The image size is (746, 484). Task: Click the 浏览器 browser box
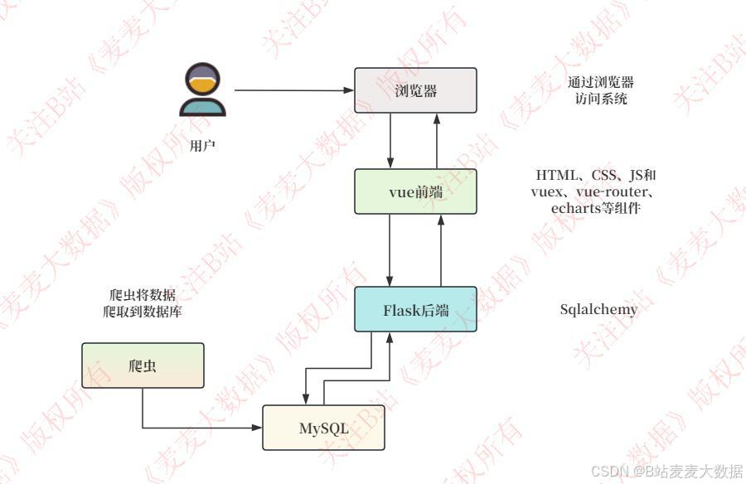(x=415, y=90)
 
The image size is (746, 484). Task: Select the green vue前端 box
(x=415, y=191)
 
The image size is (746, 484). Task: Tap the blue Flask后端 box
(x=415, y=309)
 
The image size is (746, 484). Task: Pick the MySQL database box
(x=323, y=428)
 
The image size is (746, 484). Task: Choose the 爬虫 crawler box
(x=143, y=365)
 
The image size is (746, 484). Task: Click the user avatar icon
(x=202, y=91)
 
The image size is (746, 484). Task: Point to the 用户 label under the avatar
(x=202, y=146)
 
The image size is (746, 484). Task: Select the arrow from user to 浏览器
(x=290, y=90)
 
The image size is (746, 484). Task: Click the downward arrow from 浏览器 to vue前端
(x=391, y=141)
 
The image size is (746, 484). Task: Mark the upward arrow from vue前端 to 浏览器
(x=439, y=141)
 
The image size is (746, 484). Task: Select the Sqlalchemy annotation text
(x=599, y=310)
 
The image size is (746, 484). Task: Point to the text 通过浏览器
(x=601, y=83)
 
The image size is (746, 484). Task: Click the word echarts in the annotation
(x=575, y=208)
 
